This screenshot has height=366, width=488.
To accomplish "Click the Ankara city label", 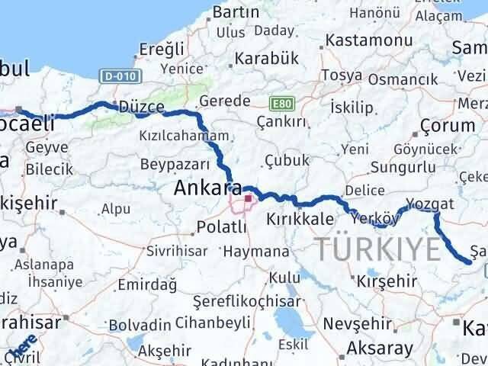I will click(208, 188).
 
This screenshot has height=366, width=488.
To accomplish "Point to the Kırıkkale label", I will click(300, 219).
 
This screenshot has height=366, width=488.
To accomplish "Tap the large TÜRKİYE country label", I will click(378, 248).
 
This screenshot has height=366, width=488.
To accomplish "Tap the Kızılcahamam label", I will click(184, 136).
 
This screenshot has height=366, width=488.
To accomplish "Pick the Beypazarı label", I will click(175, 164).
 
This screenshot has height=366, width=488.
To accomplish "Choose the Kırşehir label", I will click(387, 281).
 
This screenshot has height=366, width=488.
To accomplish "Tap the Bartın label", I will click(236, 12).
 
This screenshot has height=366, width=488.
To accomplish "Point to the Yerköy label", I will click(376, 219).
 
